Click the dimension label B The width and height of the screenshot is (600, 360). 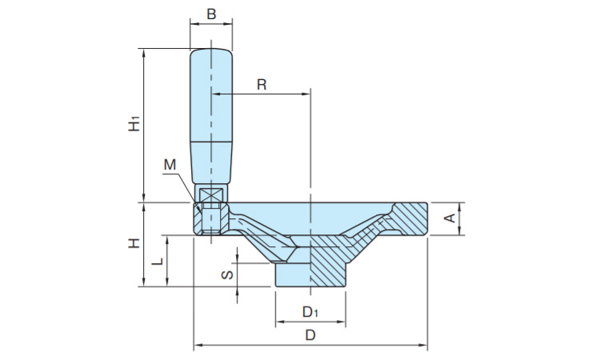point(211,14)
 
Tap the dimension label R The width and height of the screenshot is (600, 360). point(262,84)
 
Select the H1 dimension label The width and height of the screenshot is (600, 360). point(134,124)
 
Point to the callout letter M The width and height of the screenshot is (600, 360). point(170,165)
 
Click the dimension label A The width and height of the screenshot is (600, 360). point(450,218)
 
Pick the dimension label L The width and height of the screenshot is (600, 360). point(157,262)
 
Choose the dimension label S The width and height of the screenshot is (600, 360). point(228,274)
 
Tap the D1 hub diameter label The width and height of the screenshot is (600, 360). point(310,312)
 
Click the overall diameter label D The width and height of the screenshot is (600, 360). point(310,335)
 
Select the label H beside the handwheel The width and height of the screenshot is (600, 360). point(134,243)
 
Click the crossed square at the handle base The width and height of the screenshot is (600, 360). point(210,194)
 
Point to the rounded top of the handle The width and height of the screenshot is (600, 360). point(211,52)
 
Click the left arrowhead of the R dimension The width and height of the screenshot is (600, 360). point(215,94)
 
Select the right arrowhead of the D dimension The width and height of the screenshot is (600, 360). point(423,346)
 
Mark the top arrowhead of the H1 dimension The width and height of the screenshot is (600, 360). point(144,53)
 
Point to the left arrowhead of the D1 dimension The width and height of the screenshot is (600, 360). point(280,322)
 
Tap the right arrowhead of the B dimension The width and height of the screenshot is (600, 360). point(229,24)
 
